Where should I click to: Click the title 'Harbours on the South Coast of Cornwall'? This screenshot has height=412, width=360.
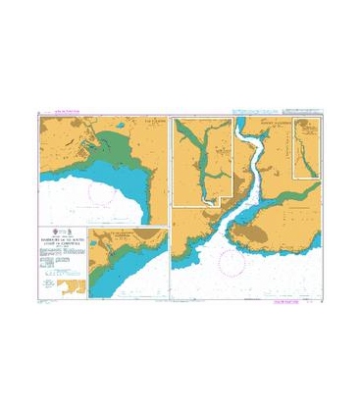61,235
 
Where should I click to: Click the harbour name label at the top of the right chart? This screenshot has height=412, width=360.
272,122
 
